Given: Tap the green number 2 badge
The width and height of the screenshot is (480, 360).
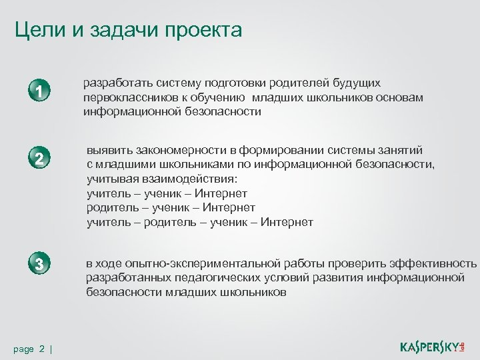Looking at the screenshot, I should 40,159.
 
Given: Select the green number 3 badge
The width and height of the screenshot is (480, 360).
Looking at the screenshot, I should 40,263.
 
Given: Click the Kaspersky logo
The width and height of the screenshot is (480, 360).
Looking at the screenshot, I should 433,346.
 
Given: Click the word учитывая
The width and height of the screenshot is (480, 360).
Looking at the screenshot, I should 111,179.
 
